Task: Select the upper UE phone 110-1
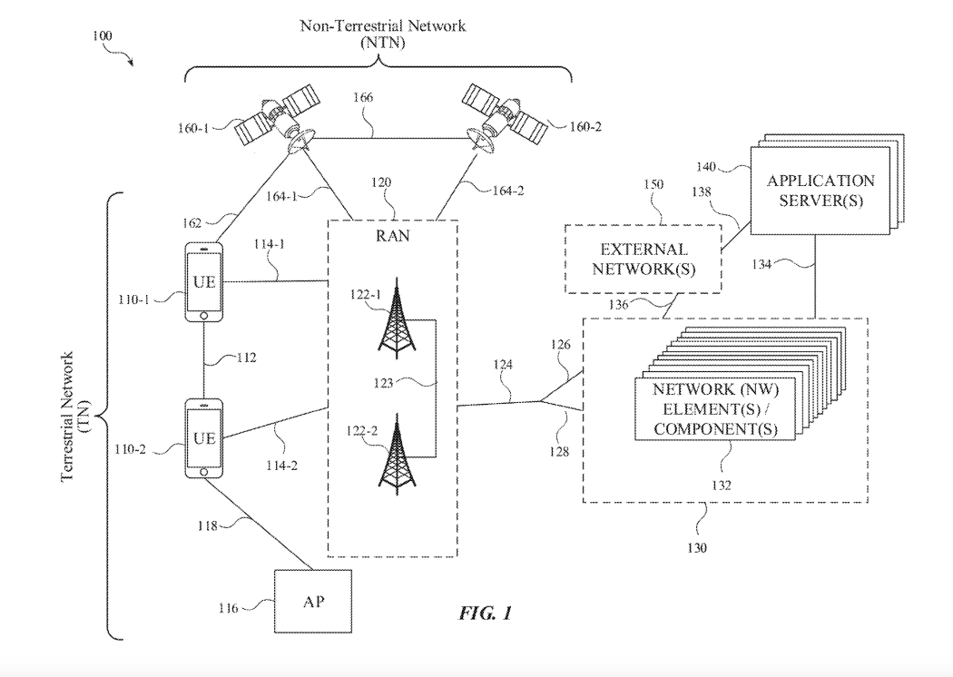[204, 281]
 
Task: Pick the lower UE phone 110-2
[204, 438]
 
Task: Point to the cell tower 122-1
[393, 322]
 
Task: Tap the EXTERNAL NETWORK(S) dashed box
[644, 258]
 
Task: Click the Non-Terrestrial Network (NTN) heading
[382, 34]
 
